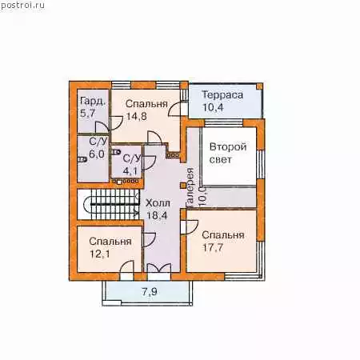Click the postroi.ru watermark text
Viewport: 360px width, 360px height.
point(22,6)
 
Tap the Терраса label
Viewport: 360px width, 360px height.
point(222,95)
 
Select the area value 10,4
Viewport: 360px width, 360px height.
point(213,107)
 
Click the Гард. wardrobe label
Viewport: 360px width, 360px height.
point(93,102)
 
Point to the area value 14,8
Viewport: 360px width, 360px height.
point(137,116)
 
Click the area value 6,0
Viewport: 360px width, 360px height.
point(97,154)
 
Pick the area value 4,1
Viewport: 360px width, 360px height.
point(130,170)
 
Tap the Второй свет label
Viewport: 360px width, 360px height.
point(228,153)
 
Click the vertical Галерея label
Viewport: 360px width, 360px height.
point(190,188)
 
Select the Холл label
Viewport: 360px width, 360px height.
point(158,203)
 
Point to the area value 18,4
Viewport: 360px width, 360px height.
point(157,215)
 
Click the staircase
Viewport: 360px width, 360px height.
point(108,204)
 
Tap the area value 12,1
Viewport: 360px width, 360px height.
point(100,254)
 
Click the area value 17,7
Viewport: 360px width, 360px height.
point(213,247)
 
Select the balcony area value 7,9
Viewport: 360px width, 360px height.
point(150,292)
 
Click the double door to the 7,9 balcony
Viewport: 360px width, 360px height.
point(159,268)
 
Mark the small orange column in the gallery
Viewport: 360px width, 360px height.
point(182,186)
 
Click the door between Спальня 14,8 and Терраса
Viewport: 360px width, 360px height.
point(177,109)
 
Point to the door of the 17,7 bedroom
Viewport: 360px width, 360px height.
point(190,227)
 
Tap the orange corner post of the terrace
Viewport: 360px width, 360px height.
point(259,86)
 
